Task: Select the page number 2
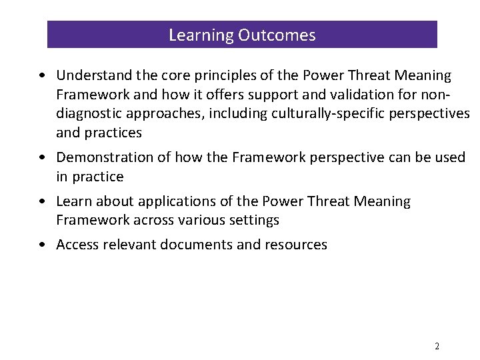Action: [x=437, y=347]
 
